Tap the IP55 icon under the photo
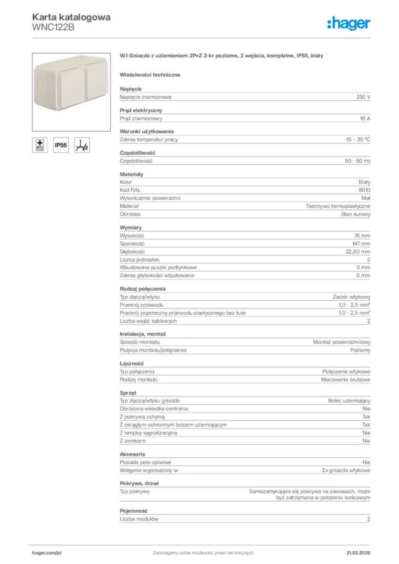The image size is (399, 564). [x=61, y=145]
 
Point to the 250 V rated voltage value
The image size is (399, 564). [x=363, y=97]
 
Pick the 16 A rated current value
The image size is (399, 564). [x=364, y=118]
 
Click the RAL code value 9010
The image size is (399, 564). [x=364, y=189]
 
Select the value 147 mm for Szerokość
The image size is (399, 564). [x=362, y=243]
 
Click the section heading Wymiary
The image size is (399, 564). [x=131, y=227]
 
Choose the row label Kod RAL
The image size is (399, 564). [x=130, y=189]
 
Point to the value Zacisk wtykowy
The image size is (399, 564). [x=352, y=297]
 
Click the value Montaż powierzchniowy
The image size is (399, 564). [x=342, y=342]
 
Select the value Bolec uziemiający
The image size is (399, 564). [x=349, y=401]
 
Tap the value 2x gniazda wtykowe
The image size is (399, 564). [x=346, y=470]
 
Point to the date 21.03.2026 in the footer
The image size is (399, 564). [x=358, y=552]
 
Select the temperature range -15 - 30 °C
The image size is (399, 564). [x=354, y=140]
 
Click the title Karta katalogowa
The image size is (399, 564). [x=71, y=17]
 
